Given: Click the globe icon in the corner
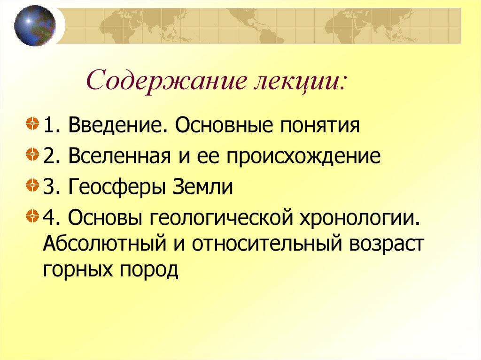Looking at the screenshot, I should pos(34,25).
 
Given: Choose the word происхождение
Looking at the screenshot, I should pos(304,156).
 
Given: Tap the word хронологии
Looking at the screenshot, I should pos(362,218).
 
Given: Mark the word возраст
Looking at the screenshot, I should pos(386,245).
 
